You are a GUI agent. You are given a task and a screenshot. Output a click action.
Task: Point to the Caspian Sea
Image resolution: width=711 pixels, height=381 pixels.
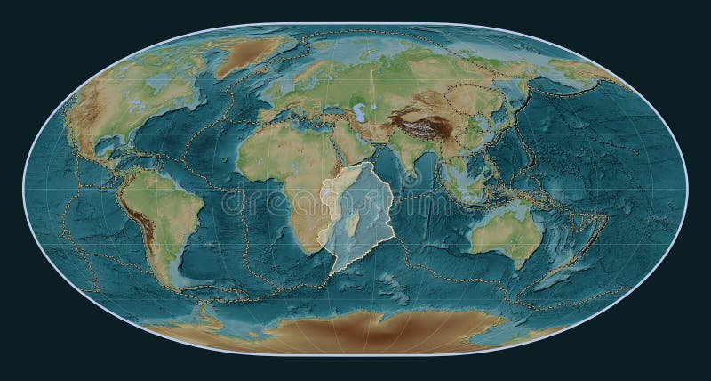362,114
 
